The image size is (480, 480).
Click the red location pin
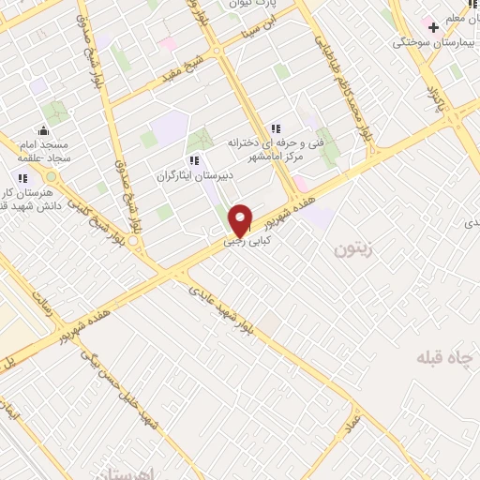pos(241,219)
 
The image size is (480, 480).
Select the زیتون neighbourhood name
pos(353,250)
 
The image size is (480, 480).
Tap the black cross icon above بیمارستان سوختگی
pos(433,27)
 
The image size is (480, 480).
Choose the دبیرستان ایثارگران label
pos(193,175)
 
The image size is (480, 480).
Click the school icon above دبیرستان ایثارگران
pos(193,160)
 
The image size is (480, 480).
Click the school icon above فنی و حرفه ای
pos(275,128)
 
